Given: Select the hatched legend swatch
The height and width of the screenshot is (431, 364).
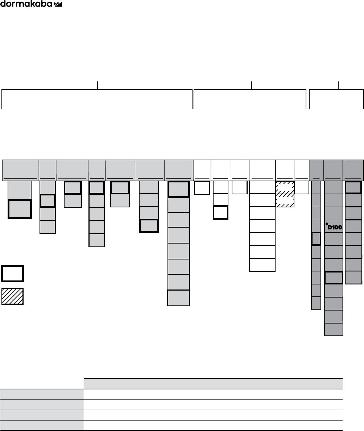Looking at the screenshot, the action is (12, 296).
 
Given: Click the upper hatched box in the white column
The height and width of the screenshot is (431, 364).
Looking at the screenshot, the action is (285, 187).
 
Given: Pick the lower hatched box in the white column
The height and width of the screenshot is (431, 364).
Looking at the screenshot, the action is (285, 200).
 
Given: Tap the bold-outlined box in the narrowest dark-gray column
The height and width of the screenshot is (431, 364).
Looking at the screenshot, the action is (316, 239).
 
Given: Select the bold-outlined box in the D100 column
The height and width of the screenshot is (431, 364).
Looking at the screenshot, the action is (334, 278).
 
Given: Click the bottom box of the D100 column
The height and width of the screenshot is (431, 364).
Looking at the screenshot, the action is (334, 329).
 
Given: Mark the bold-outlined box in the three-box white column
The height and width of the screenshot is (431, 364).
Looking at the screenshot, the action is (220, 212).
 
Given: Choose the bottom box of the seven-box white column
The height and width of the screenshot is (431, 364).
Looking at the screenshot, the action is (262, 265).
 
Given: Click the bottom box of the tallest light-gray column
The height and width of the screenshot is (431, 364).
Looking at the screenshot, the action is (178, 298).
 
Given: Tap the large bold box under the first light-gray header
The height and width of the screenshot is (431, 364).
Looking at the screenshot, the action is (19, 209).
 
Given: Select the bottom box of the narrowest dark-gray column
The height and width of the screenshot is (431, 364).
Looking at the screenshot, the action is (316, 303).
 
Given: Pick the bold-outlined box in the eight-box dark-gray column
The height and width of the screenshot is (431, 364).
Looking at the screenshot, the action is (353, 187).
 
